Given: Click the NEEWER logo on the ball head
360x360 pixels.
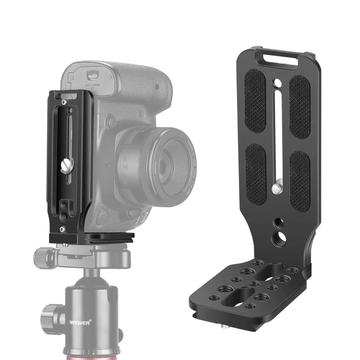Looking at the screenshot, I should [81, 322].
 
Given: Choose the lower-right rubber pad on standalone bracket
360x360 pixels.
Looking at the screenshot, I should [299, 180].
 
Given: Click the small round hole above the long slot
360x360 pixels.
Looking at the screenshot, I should [278, 82].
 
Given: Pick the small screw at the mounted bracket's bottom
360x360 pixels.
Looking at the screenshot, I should [62, 228].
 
